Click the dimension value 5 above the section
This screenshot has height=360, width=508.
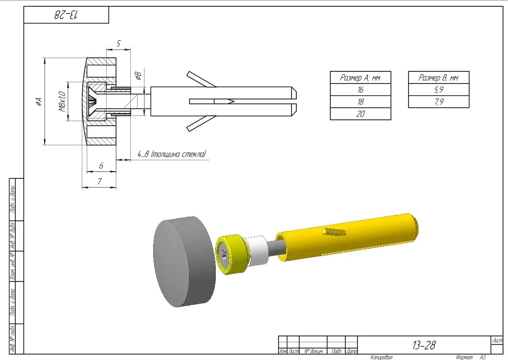tap(118, 44)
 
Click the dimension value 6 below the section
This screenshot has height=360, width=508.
tap(101, 166)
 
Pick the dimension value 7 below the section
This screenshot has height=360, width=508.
tap(100, 181)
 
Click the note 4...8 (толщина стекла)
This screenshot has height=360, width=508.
tap(171, 154)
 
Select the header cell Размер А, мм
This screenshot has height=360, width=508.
tap(360, 78)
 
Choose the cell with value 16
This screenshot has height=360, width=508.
tap(360, 90)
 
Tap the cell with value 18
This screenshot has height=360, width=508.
tap(360, 102)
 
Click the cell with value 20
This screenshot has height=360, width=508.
tap(360, 114)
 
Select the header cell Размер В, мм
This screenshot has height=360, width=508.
tap(438, 78)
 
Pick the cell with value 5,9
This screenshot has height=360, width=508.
tap(438, 90)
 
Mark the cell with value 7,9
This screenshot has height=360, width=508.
tap(438, 102)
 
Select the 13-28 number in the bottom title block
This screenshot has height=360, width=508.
tap(423, 345)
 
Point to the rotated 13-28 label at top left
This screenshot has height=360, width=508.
tap(66, 15)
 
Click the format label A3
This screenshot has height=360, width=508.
tap(482, 357)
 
